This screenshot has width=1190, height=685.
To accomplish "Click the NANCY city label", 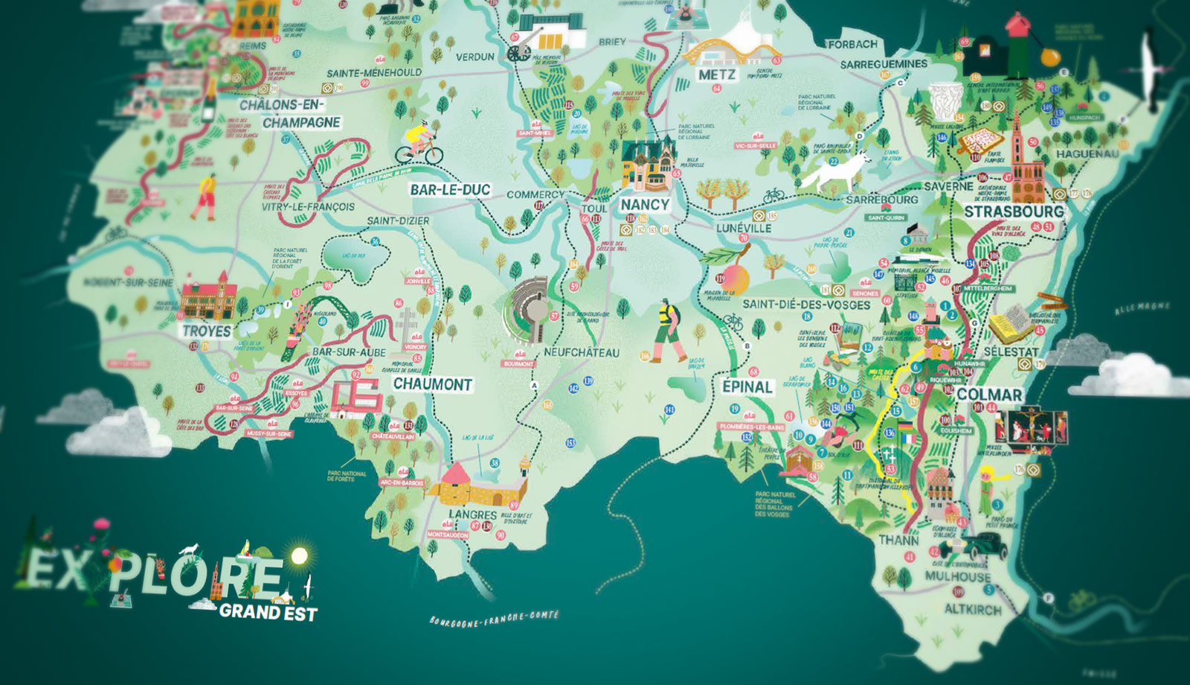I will coord(645,204).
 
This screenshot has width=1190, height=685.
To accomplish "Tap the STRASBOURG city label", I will coord(1014,211).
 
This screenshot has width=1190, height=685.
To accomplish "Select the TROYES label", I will coord(207,331).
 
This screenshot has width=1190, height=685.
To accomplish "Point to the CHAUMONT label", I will coord(433,384).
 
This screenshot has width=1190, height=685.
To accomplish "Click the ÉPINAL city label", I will coord(747,386).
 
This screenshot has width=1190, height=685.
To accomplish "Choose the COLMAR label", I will coord(988,395).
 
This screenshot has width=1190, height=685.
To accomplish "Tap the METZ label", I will coord(717,75).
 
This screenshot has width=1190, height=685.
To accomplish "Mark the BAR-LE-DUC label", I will coord(450,190).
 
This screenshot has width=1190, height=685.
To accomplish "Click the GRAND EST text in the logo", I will coord(268,612).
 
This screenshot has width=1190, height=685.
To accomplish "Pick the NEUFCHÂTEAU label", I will coord(581,352).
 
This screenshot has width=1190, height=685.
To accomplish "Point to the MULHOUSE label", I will coord(957,576).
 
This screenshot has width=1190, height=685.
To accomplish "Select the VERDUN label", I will coord(475,57).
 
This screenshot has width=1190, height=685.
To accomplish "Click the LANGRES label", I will coord(472,514).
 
